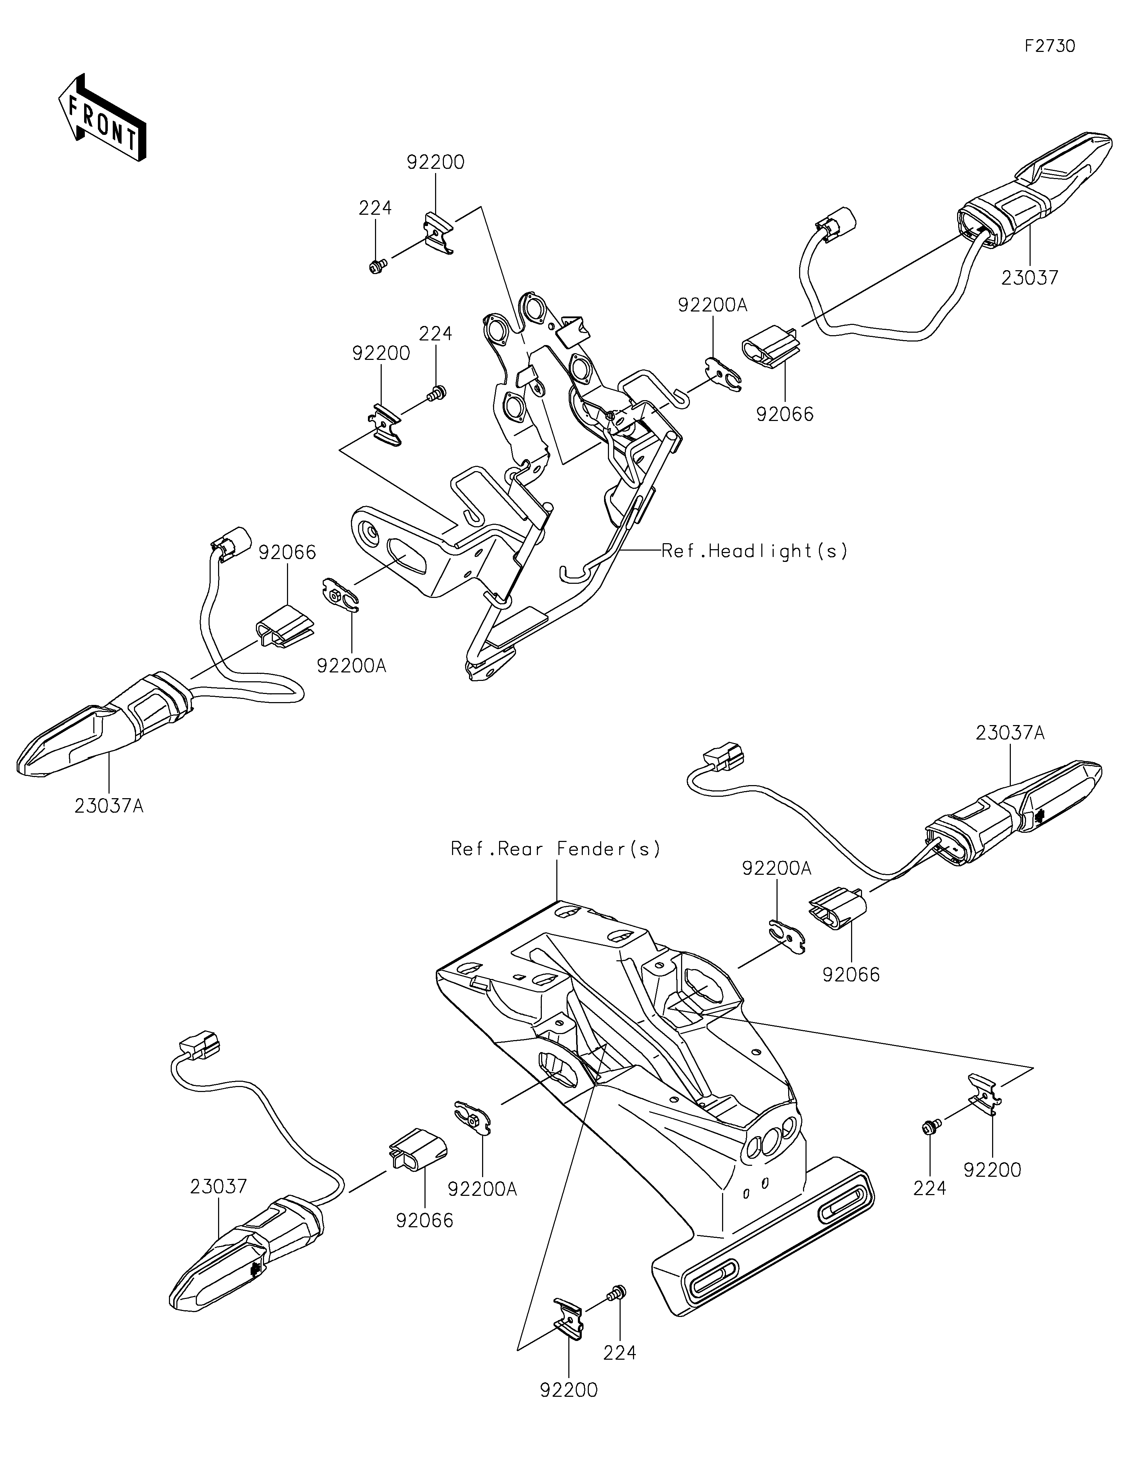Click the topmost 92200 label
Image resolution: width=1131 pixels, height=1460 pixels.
click(435, 162)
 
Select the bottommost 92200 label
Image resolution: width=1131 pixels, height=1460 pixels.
click(569, 1390)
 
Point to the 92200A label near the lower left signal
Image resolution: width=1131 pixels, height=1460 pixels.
click(482, 1189)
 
